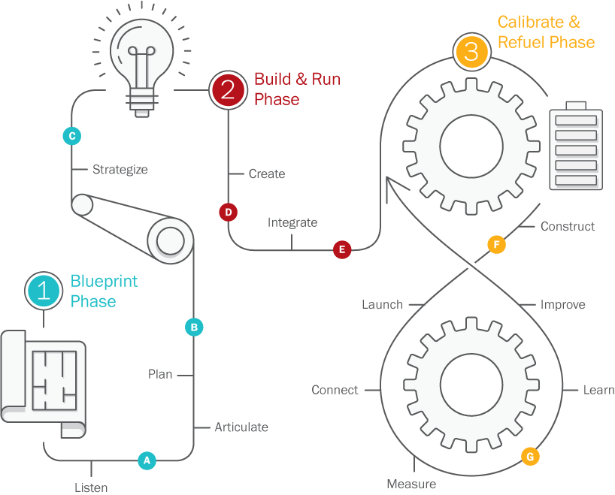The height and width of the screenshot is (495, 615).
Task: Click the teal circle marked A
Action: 147,460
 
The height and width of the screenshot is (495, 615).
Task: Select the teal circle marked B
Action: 194,327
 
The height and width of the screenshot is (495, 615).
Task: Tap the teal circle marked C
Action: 71,136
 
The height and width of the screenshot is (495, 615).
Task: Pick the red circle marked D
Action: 228,213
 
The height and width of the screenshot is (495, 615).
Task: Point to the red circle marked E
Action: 342,249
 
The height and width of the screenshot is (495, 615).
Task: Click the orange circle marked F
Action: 496,245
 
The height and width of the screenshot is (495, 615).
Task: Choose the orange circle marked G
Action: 530,456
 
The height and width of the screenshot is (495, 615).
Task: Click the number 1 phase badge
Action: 44,291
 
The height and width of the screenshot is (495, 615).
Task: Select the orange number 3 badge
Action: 471,52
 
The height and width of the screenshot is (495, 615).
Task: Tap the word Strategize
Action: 120,170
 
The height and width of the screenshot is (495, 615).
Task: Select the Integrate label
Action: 292,222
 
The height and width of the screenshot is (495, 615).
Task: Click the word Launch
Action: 382,305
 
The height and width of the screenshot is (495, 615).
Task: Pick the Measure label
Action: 411,484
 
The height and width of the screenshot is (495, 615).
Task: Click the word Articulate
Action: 241,427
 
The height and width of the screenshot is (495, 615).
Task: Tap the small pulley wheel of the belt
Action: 82,204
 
